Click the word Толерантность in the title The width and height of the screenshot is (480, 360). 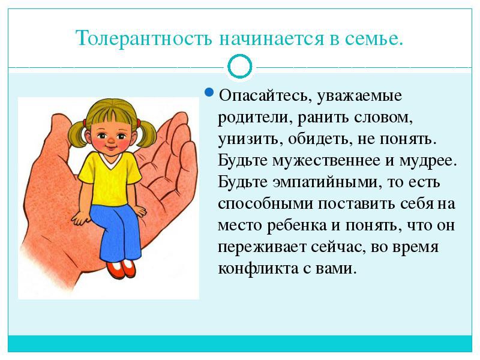(x=144, y=38)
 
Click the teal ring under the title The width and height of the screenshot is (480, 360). (x=240, y=67)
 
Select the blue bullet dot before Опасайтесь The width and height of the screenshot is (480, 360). (x=208, y=92)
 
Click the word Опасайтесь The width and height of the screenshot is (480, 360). (x=263, y=95)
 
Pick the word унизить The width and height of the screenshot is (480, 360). (x=250, y=139)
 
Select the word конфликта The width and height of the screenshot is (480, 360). (x=258, y=269)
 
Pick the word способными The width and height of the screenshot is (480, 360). (x=265, y=204)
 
